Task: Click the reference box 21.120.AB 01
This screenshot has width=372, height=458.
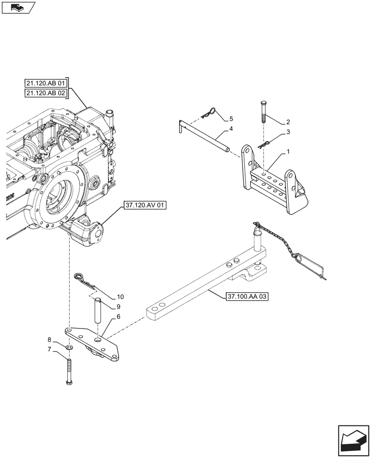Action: pyautogui.click(x=46, y=84)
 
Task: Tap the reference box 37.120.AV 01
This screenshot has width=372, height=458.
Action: pyautogui.click(x=144, y=207)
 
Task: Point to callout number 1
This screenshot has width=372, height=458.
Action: pyautogui.click(x=288, y=151)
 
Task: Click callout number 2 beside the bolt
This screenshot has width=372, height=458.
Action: pyautogui.click(x=288, y=122)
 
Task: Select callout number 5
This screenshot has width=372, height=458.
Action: pyautogui.click(x=231, y=119)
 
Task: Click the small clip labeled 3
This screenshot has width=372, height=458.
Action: pyautogui.click(x=264, y=144)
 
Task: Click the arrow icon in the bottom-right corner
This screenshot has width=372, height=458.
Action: pyautogui.click(x=353, y=440)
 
